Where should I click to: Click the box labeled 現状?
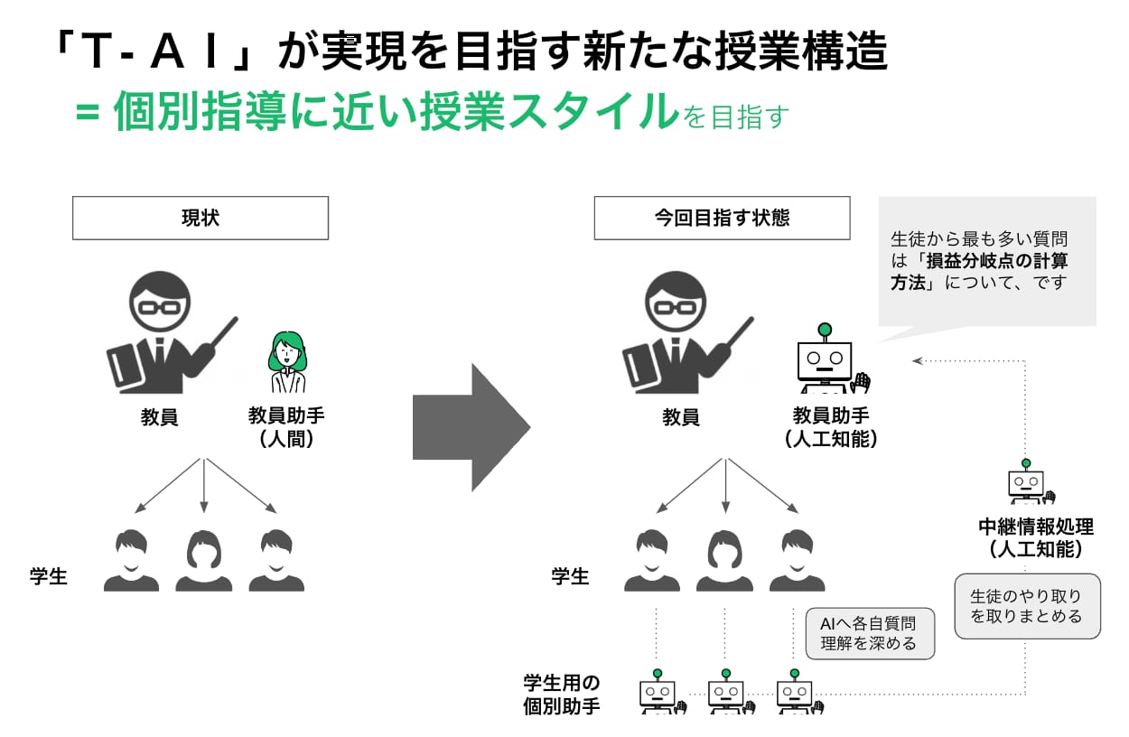pos(201,218)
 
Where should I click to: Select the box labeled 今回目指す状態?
pos(723,218)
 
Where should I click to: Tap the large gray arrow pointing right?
pos(471,427)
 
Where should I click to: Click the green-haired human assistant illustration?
pos(287,362)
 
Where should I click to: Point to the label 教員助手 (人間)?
pos(286,427)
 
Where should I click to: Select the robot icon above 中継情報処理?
pos(1030,481)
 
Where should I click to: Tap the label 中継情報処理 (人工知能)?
pos(1036,537)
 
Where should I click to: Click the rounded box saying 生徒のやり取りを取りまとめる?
pos(1027,606)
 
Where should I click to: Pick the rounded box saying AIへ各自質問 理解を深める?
pos(870,634)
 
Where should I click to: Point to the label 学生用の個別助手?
pos(562,695)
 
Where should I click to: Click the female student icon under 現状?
pos(203,561)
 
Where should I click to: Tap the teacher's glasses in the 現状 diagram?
pos(160,307)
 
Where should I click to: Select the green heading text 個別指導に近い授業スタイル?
pos(397,111)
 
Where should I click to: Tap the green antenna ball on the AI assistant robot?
pos(825,330)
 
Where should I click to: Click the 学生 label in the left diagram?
pos(49,576)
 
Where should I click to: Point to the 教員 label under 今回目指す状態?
pos(681,417)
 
